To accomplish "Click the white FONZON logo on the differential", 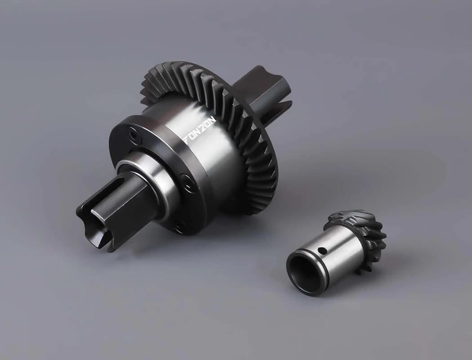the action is tap(200, 129).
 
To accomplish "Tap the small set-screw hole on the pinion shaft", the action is tap(322, 250).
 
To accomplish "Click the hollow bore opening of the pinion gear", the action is tap(303, 272).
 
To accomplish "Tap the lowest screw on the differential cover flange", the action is tap(180, 225).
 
